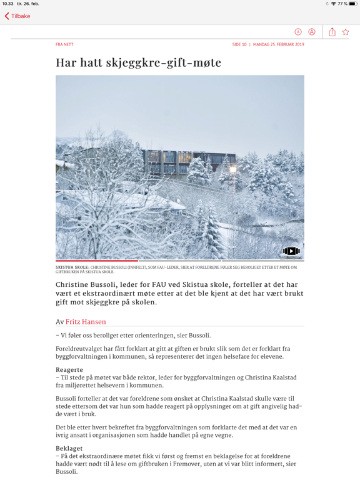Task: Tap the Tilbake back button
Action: pos(17,16)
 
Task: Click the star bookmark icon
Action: pos(346,32)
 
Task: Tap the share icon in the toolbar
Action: pos(332,32)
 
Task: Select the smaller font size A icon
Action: pos(298,32)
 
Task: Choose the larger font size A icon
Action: pos(312,32)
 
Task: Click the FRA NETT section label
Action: pos(64,45)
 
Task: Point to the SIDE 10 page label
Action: pos(239,45)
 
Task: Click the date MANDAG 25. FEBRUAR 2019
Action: pos(279,45)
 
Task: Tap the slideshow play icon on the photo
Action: pos(291,251)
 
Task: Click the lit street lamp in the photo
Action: pos(233,169)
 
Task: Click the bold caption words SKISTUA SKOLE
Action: pos(72,267)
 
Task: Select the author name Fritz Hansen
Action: pos(86,322)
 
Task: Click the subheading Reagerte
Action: pos(69,370)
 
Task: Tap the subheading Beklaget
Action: pos(69,448)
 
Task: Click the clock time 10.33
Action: pos(7,4)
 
